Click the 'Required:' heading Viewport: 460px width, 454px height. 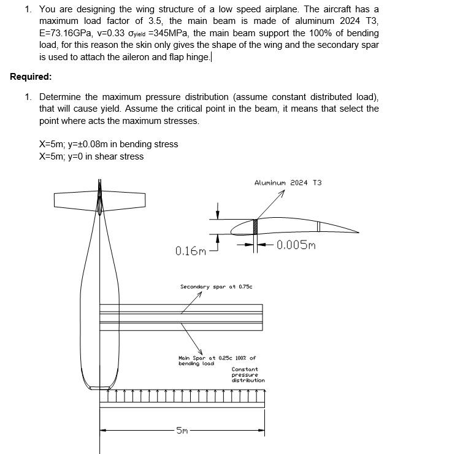click(31, 77)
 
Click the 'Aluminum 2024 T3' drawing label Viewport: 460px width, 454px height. click(288, 183)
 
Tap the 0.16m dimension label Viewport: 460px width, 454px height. click(190, 251)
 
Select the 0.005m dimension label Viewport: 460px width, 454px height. click(296, 245)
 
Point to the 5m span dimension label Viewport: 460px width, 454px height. click(182, 431)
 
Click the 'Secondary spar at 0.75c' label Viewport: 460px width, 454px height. click(216, 287)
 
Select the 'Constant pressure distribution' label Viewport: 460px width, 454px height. click(248, 375)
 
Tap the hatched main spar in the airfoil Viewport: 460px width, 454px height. click(255, 226)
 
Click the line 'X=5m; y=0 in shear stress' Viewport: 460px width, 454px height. click(91, 156)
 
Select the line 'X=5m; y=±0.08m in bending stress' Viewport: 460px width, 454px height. click(109, 144)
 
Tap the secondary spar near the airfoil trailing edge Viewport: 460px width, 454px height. click(318, 226)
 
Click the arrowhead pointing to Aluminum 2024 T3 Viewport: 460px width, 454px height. click(283, 193)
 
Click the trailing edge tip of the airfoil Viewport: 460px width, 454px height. click(358, 232)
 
